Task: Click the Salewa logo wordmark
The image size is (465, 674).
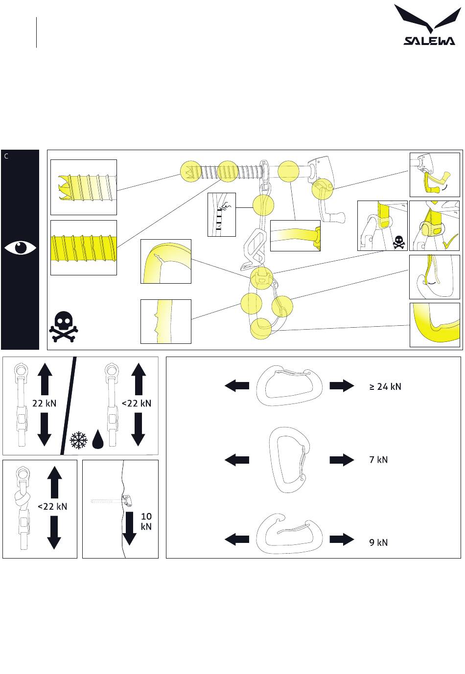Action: [x=429, y=41]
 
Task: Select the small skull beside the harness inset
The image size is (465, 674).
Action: [x=399, y=241]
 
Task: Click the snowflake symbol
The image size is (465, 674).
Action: [x=78, y=440]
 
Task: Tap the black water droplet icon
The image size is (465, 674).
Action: [x=97, y=439]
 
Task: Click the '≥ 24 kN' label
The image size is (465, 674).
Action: [x=385, y=386]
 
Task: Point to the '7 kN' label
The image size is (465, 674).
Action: [x=378, y=460]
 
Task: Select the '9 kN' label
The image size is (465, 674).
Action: [x=378, y=542]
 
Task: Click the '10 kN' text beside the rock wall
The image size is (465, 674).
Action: [x=146, y=521]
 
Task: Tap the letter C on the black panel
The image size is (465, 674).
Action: [x=6, y=157]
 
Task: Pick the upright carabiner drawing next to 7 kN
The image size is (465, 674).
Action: [x=290, y=460]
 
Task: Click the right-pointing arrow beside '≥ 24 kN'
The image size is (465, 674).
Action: [x=341, y=386]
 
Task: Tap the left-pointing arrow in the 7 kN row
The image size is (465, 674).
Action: [x=237, y=460]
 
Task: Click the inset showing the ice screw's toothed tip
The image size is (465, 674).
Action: [x=84, y=187]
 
